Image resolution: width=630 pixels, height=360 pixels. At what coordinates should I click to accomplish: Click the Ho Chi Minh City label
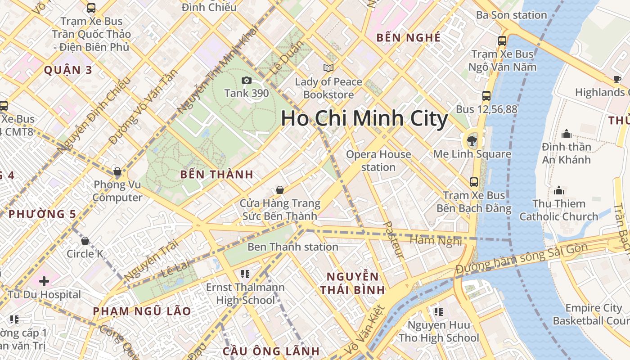click(x=364, y=119)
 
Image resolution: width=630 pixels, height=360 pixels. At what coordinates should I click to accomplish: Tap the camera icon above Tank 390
click(x=246, y=81)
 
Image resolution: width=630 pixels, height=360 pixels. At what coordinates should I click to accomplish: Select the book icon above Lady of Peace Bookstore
click(x=328, y=68)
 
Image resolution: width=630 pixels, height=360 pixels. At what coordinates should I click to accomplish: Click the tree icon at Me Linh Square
click(x=472, y=141)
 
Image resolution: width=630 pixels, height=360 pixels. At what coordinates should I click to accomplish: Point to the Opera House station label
click(x=378, y=161)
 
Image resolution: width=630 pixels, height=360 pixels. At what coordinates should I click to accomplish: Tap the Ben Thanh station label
click(x=292, y=247)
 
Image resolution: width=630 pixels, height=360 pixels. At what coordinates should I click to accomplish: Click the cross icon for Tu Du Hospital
click(x=44, y=281)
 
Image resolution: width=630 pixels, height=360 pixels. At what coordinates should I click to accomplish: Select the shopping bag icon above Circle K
click(x=85, y=241)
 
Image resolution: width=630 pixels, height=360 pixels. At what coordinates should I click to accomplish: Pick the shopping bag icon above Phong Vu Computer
click(x=117, y=171)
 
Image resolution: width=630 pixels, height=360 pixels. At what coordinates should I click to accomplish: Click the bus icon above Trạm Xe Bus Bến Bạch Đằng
click(x=474, y=182)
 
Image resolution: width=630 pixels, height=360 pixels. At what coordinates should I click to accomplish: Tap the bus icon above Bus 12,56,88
click(x=486, y=95)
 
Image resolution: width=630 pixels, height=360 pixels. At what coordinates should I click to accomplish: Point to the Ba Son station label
click(x=511, y=15)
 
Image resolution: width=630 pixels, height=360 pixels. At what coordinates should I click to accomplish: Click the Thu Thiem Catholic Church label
click(x=559, y=210)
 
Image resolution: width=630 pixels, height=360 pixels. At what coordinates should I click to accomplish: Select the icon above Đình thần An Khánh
click(x=567, y=134)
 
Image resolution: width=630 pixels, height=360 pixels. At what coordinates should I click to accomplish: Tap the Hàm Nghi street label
click(x=436, y=241)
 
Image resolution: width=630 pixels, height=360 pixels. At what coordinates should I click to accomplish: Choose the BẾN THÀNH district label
click(x=216, y=175)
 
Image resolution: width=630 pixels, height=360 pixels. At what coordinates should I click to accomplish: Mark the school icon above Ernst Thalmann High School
click(x=245, y=274)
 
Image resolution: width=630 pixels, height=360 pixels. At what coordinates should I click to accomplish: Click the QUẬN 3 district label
click(x=68, y=70)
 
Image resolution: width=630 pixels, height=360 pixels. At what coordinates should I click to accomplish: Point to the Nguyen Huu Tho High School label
click(x=438, y=331)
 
